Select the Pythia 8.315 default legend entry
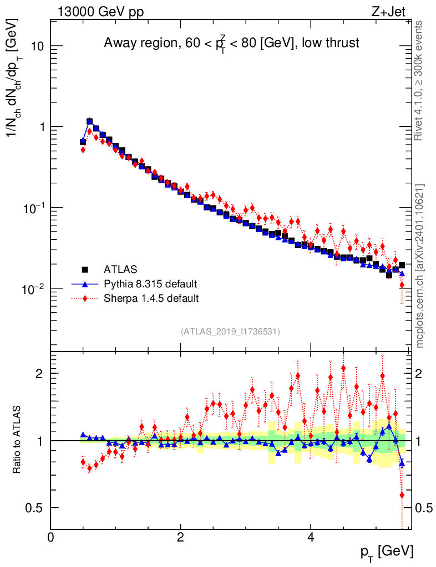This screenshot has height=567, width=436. [x=150, y=285]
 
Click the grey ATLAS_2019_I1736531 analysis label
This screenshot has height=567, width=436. [x=230, y=332]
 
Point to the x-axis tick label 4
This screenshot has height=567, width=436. [x=311, y=537]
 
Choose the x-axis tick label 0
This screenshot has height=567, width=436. [x=51, y=537]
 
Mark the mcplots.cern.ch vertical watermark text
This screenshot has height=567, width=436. [x=420, y=266]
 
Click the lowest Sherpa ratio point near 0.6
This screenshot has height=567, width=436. [x=402, y=494]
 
